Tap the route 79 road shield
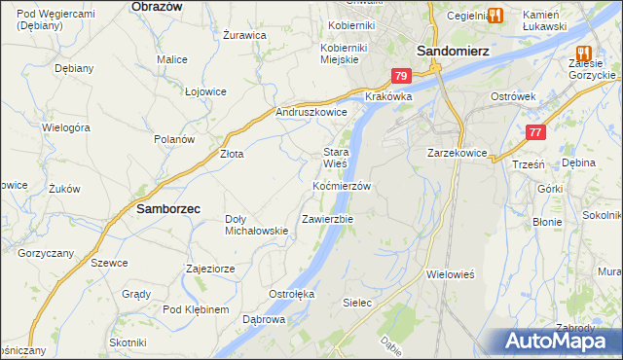(402, 76)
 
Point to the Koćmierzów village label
(342, 185)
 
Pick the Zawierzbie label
(327, 219)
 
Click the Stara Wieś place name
(336, 158)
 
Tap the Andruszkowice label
(311, 112)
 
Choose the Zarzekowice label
(457, 153)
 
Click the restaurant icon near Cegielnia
(494, 15)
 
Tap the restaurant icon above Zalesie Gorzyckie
(583, 54)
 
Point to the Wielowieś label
(450, 274)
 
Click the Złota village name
(232, 154)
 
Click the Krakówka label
(389, 97)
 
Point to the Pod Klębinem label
(196, 309)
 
